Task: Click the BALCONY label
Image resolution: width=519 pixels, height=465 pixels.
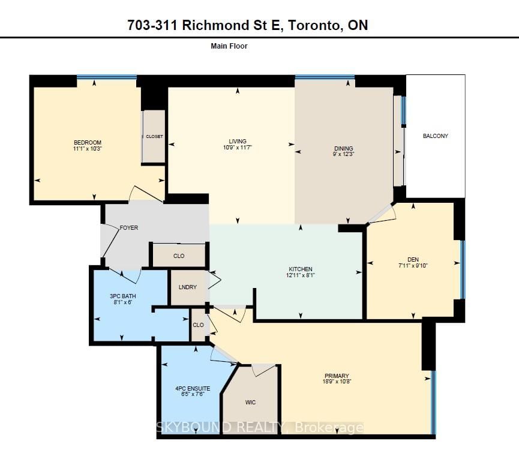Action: point(435,136)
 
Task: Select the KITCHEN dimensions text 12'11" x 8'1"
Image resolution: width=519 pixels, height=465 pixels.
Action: point(300,275)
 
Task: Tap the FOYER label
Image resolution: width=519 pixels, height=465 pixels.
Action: point(129,228)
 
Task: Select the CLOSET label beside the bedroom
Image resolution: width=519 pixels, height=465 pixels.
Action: point(154,137)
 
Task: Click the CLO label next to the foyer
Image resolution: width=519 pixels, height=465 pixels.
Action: point(179,256)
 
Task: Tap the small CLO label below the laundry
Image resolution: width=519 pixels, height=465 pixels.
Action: point(198,325)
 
